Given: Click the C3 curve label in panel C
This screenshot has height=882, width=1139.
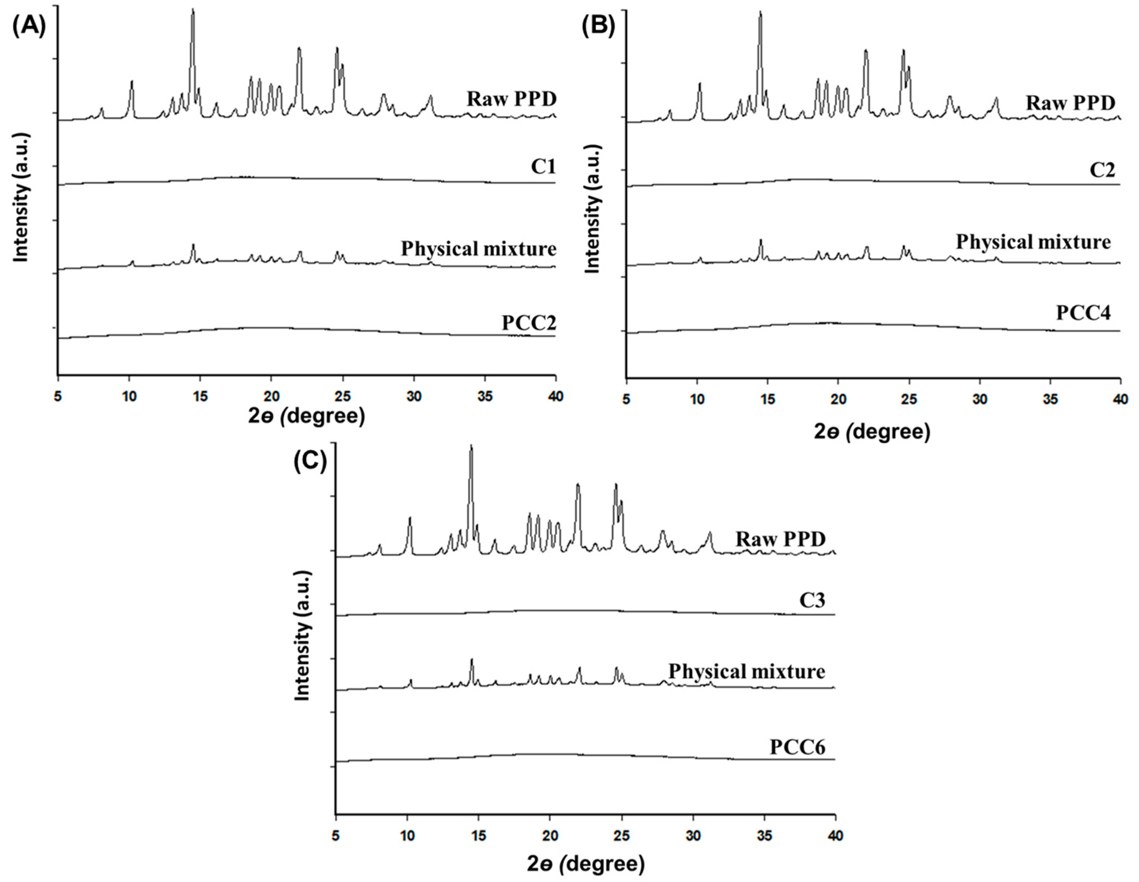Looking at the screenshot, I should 812,601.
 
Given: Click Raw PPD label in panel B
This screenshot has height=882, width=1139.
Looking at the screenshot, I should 1070,103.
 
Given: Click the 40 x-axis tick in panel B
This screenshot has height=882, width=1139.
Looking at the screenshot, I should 1119,400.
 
